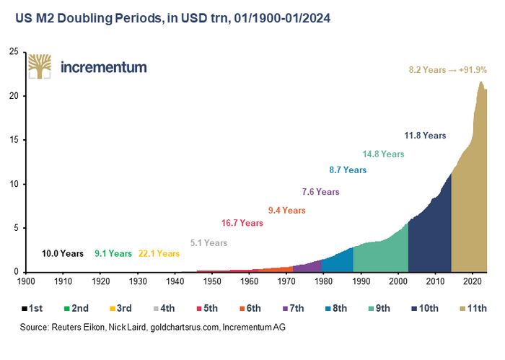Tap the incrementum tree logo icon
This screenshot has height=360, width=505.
40,66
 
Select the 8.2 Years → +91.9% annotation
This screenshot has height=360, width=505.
447,70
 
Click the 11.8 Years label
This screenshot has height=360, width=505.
425,135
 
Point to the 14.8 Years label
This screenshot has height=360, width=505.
383,154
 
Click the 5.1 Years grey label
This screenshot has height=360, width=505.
208,243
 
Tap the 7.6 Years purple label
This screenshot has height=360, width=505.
320,192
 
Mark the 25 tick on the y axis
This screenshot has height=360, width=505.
14,52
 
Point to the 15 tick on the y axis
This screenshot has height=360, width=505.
14,140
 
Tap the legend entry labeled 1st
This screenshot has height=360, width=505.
32,308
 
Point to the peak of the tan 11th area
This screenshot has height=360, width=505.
480,83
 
